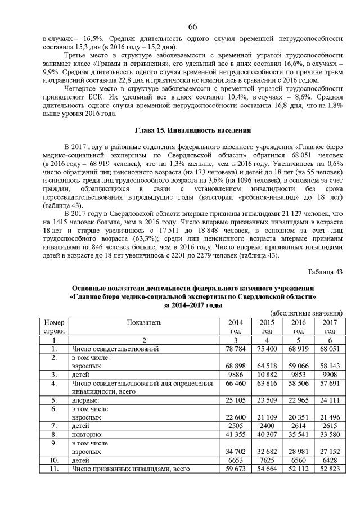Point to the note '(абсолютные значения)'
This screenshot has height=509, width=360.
307,313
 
